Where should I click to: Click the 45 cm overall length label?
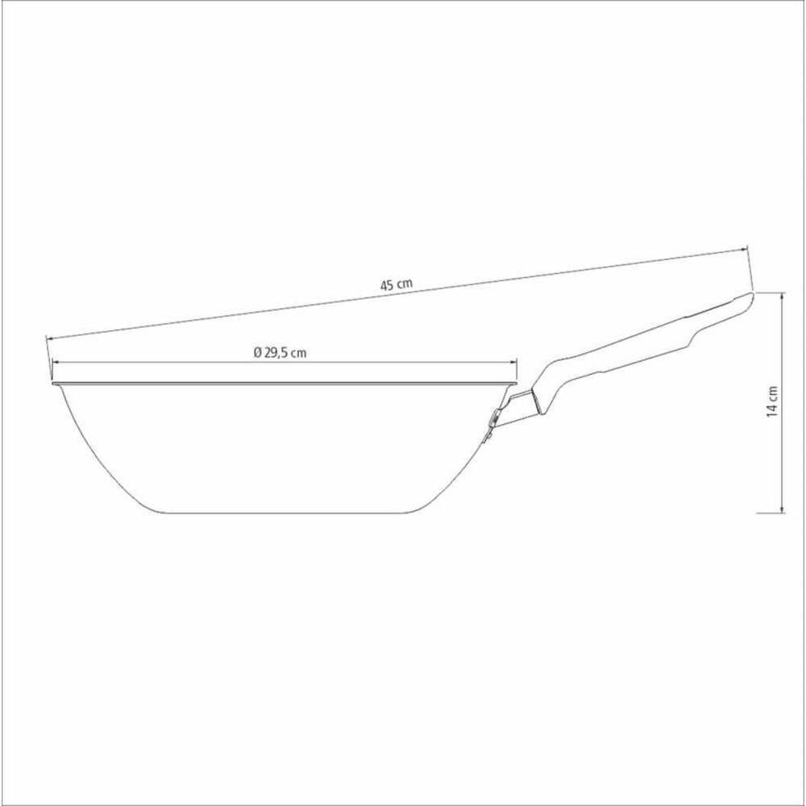397,284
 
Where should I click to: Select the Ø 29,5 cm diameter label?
279,352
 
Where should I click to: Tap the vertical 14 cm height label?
772,401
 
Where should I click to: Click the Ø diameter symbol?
256,352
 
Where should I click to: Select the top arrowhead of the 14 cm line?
783,296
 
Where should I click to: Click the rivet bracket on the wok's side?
491,423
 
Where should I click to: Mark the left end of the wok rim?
52,384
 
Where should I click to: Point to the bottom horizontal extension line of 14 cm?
770,513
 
